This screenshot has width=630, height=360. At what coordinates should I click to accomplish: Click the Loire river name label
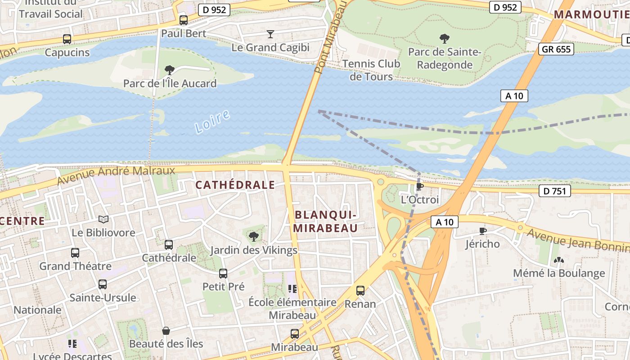[213, 121]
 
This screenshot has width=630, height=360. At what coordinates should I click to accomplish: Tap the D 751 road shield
[554, 191]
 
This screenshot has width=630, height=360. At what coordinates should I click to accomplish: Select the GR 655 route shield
[556, 49]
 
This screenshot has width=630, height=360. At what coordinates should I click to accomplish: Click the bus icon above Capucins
[67, 39]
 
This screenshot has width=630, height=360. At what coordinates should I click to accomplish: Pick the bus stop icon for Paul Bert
[183, 20]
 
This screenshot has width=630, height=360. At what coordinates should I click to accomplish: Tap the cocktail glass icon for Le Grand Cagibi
[270, 34]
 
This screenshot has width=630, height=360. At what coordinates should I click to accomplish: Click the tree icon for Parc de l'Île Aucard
[170, 70]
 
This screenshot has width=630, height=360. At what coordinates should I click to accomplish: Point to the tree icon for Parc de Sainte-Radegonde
[445, 39]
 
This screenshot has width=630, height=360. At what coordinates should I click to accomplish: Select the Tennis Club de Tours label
[371, 70]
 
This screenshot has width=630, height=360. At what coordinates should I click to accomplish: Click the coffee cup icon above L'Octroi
[419, 186]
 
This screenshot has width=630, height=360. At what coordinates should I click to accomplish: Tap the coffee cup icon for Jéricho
[483, 231]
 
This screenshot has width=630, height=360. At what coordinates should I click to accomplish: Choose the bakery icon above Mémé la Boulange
[559, 260]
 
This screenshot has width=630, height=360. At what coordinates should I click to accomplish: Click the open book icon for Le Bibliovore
[103, 220]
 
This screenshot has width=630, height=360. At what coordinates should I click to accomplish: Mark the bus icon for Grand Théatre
[75, 253]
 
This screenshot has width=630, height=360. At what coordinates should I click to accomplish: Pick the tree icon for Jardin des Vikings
[254, 236]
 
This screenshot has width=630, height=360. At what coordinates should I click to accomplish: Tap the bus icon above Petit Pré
[223, 274]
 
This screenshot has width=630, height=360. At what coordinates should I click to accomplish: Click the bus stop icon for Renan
[360, 291]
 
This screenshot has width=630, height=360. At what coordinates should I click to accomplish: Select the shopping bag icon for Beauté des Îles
[166, 331]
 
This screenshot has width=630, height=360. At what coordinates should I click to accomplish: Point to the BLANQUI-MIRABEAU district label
[326, 221]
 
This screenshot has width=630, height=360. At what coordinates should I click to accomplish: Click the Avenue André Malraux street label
[116, 175]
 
